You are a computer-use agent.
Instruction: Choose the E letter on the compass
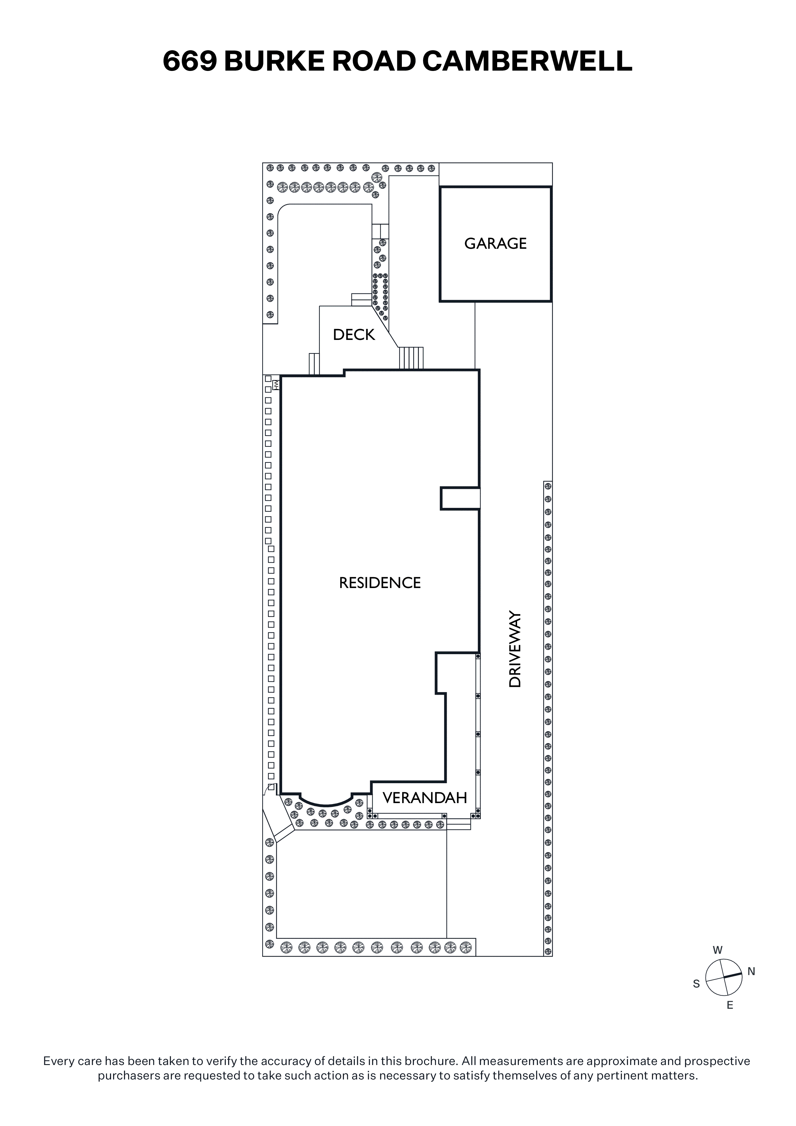730,1005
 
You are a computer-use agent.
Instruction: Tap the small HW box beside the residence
276,385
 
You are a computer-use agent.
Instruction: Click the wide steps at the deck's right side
411,358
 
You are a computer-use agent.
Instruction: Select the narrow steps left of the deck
314,364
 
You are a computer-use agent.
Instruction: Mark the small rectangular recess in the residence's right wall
460,499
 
